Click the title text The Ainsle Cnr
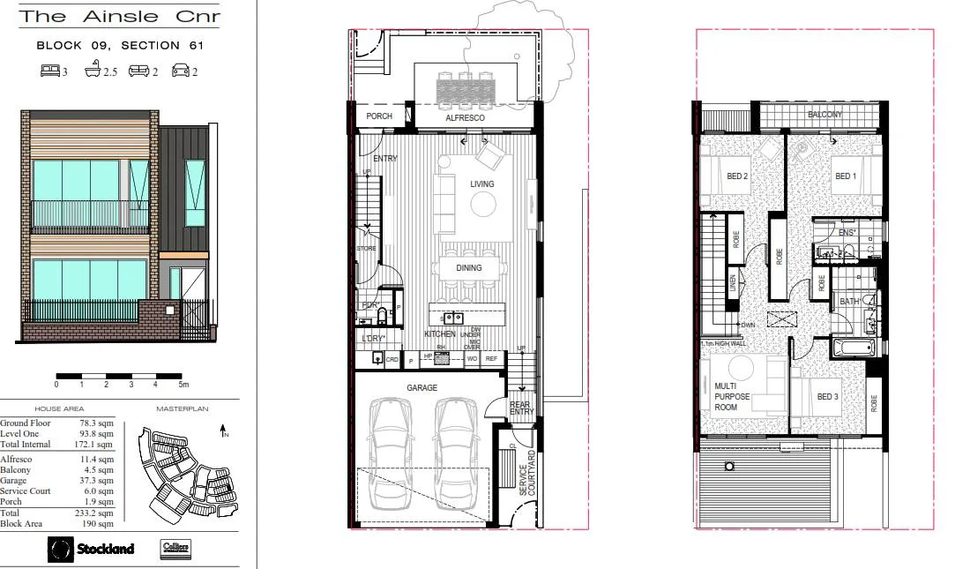pos(120,17)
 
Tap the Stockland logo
pos(92,549)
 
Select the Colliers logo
pos(176,548)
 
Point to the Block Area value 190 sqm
pos(96,522)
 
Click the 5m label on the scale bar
pos(183,385)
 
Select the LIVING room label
pos(481,184)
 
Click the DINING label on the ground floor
pos(468,267)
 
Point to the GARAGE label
pos(422,387)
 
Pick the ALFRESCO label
pos(462,116)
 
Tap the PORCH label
pos(378,116)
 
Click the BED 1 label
pos(846,176)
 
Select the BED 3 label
pos(827,396)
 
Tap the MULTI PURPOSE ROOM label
pos(731,397)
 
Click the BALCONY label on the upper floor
pos(824,115)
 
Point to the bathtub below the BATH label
pos(852,348)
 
